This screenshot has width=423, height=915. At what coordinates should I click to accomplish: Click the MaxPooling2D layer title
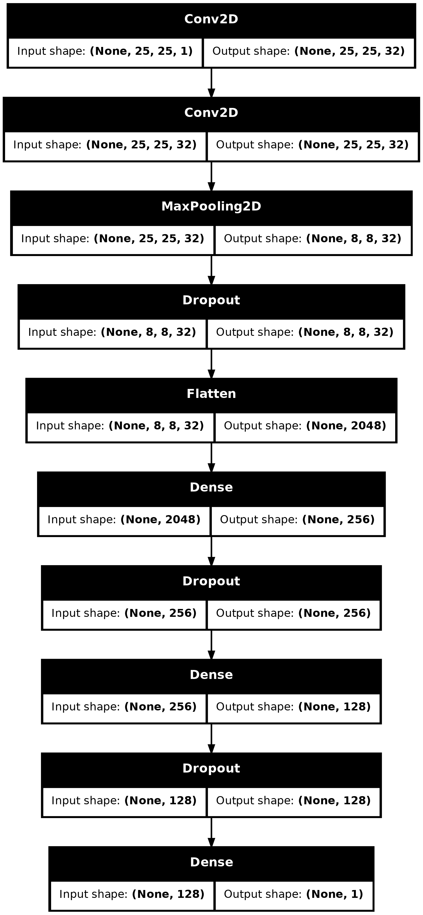[211, 206]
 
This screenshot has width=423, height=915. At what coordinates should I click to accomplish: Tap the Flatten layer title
[211, 393]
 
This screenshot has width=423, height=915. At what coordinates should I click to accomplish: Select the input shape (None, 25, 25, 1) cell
[105, 51]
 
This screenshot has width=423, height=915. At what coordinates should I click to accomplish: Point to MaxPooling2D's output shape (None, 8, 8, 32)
[313, 238]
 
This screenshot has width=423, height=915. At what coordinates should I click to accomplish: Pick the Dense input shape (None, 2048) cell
[124, 519]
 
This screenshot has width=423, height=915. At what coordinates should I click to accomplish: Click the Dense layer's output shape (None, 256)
[298, 519]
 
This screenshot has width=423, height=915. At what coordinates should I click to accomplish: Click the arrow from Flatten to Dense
[211, 457]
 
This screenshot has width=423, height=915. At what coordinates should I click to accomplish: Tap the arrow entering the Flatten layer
[211, 364]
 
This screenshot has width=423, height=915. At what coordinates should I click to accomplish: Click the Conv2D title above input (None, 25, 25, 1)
[211, 19]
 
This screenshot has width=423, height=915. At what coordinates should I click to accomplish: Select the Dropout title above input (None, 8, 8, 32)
[211, 300]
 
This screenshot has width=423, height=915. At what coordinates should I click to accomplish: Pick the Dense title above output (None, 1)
[211, 862]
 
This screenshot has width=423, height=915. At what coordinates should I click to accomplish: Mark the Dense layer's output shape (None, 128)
[293, 706]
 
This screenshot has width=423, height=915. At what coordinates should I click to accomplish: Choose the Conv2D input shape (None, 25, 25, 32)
[105, 145]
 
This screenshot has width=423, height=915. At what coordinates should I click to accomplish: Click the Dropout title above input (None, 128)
[211, 768]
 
